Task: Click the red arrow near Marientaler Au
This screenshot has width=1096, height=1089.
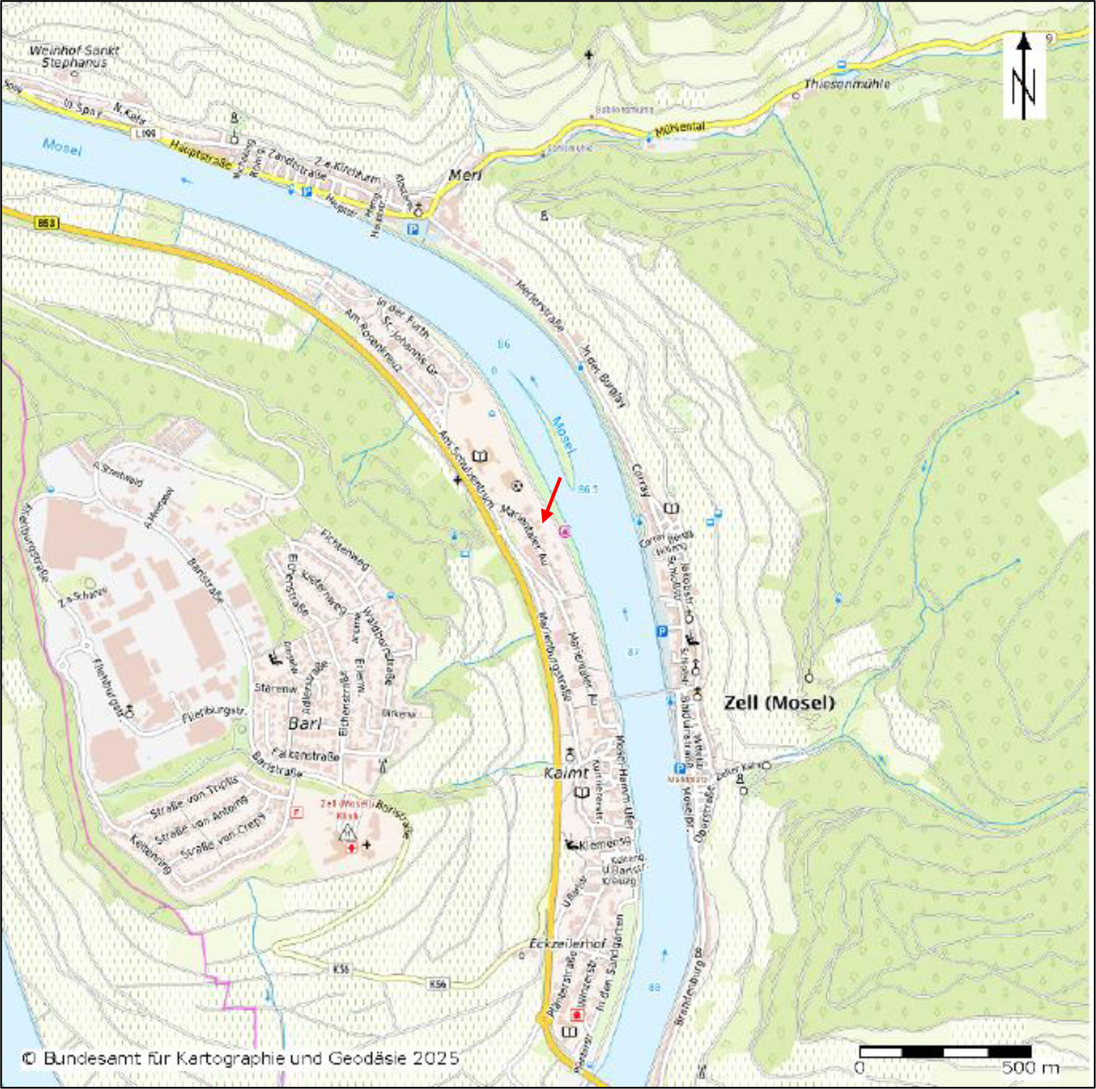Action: pyautogui.click(x=550, y=499)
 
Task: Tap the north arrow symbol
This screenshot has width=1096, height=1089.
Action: pyautogui.click(x=1024, y=76)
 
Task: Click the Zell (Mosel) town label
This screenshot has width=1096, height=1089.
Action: pyautogui.click(x=779, y=703)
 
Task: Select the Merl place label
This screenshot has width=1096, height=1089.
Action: pyautogui.click(x=465, y=175)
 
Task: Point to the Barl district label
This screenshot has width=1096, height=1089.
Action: pyautogui.click(x=305, y=723)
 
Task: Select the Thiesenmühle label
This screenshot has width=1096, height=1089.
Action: pyautogui.click(x=847, y=84)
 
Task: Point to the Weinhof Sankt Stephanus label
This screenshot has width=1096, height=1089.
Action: pyautogui.click(x=74, y=56)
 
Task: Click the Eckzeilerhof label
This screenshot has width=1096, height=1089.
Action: pyautogui.click(x=567, y=944)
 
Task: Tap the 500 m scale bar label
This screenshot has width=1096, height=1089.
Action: pyautogui.click(x=1030, y=1069)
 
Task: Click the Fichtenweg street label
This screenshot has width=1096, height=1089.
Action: pyautogui.click(x=345, y=550)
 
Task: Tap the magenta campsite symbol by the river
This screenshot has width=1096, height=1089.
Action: pyautogui.click(x=564, y=531)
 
